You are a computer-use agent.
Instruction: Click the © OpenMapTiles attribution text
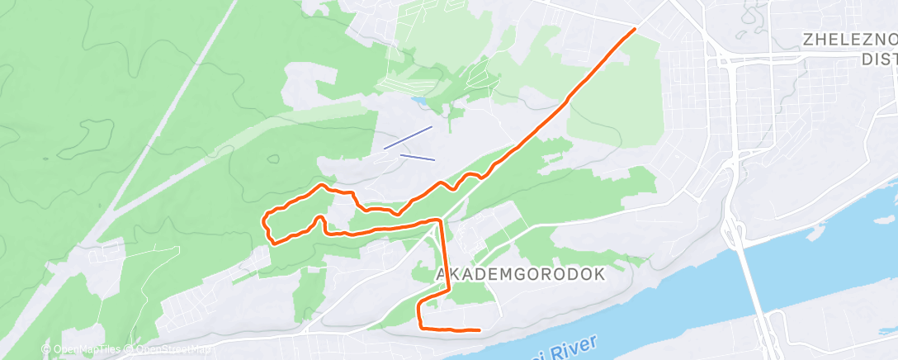[82, 350]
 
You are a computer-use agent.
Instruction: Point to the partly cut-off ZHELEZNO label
[850, 40]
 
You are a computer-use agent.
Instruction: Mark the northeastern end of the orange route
[635, 29]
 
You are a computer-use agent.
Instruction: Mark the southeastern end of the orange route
[480, 330]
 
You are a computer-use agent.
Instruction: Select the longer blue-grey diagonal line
[408, 137]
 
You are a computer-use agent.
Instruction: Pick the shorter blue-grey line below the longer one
[417, 157]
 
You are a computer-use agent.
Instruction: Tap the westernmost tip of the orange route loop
[263, 220]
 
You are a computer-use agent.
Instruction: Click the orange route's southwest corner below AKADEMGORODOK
[421, 325]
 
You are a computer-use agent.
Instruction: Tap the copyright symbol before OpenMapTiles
[47, 350]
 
